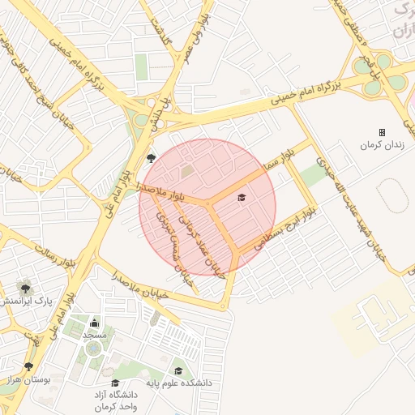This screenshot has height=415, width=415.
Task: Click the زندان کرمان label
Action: pyautogui.click(x=382, y=145)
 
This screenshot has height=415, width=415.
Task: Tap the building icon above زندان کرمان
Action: pyautogui.click(x=382, y=132)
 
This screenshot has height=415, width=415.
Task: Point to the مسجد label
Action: pyautogui.click(x=94, y=334)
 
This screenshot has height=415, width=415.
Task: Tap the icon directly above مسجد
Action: pyautogui.click(x=94, y=323)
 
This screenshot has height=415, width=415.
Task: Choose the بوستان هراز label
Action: pyautogui.click(x=26, y=379)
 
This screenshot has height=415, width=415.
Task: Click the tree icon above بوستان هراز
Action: pyautogui.click(x=29, y=366)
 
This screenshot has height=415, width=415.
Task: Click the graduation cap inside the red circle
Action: pyautogui.click(x=240, y=197)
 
